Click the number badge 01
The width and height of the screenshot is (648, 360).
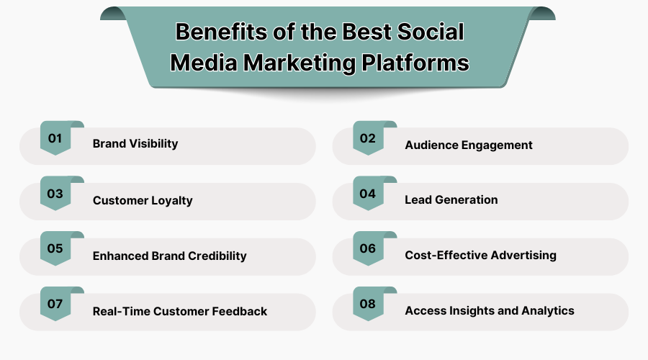point(55,138)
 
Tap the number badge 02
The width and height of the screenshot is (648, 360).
point(368,138)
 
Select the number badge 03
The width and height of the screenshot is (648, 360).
point(55,194)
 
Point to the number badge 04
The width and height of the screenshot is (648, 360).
point(368,194)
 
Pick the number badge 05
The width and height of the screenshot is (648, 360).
point(55,248)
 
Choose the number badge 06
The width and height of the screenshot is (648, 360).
point(368,248)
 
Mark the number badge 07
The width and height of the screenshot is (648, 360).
point(55,304)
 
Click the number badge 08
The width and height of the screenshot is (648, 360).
point(368,304)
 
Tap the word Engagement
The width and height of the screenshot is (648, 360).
point(497,145)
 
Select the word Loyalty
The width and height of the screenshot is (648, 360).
point(171,200)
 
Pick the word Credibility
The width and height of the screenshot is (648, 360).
point(217,256)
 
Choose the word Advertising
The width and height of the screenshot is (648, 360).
point(523,256)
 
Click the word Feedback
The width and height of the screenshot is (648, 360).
point(239,311)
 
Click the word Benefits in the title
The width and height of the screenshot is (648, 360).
point(221,32)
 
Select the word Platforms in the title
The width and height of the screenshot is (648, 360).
point(415,63)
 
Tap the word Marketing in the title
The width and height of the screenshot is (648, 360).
point(300,63)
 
